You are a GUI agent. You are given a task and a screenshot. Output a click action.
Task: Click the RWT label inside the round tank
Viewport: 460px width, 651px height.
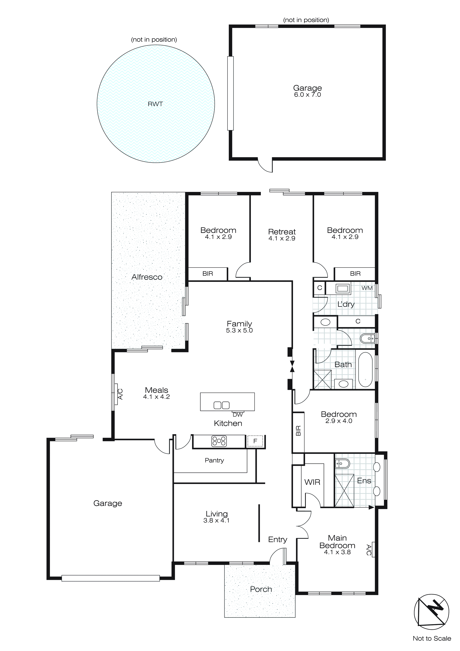(x=155, y=104)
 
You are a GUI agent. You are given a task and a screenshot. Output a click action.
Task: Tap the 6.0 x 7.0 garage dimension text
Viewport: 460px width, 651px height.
(x=307, y=95)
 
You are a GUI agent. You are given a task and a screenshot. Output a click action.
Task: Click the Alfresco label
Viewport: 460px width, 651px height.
(x=147, y=277)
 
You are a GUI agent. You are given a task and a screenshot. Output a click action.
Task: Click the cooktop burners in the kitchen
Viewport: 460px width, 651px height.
(x=219, y=441)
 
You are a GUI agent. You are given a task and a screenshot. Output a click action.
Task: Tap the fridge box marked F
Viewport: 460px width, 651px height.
(x=255, y=441)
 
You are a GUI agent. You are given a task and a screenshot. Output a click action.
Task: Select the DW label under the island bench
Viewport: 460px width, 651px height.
(x=238, y=415)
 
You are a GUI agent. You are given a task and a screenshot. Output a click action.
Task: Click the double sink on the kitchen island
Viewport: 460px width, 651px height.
(x=222, y=405)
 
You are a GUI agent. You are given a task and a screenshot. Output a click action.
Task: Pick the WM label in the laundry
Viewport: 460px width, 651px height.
(x=367, y=288)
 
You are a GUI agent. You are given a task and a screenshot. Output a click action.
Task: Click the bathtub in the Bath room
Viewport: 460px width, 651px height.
(x=365, y=370)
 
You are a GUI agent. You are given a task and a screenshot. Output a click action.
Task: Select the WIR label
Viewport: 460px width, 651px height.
(x=312, y=482)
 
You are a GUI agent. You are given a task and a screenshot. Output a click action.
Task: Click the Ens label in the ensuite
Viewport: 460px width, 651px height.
(x=364, y=481)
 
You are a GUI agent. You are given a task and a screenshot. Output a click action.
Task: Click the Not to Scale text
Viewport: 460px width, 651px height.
(x=432, y=639)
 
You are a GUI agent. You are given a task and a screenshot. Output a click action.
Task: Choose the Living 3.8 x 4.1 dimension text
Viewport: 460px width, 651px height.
(x=216, y=520)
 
